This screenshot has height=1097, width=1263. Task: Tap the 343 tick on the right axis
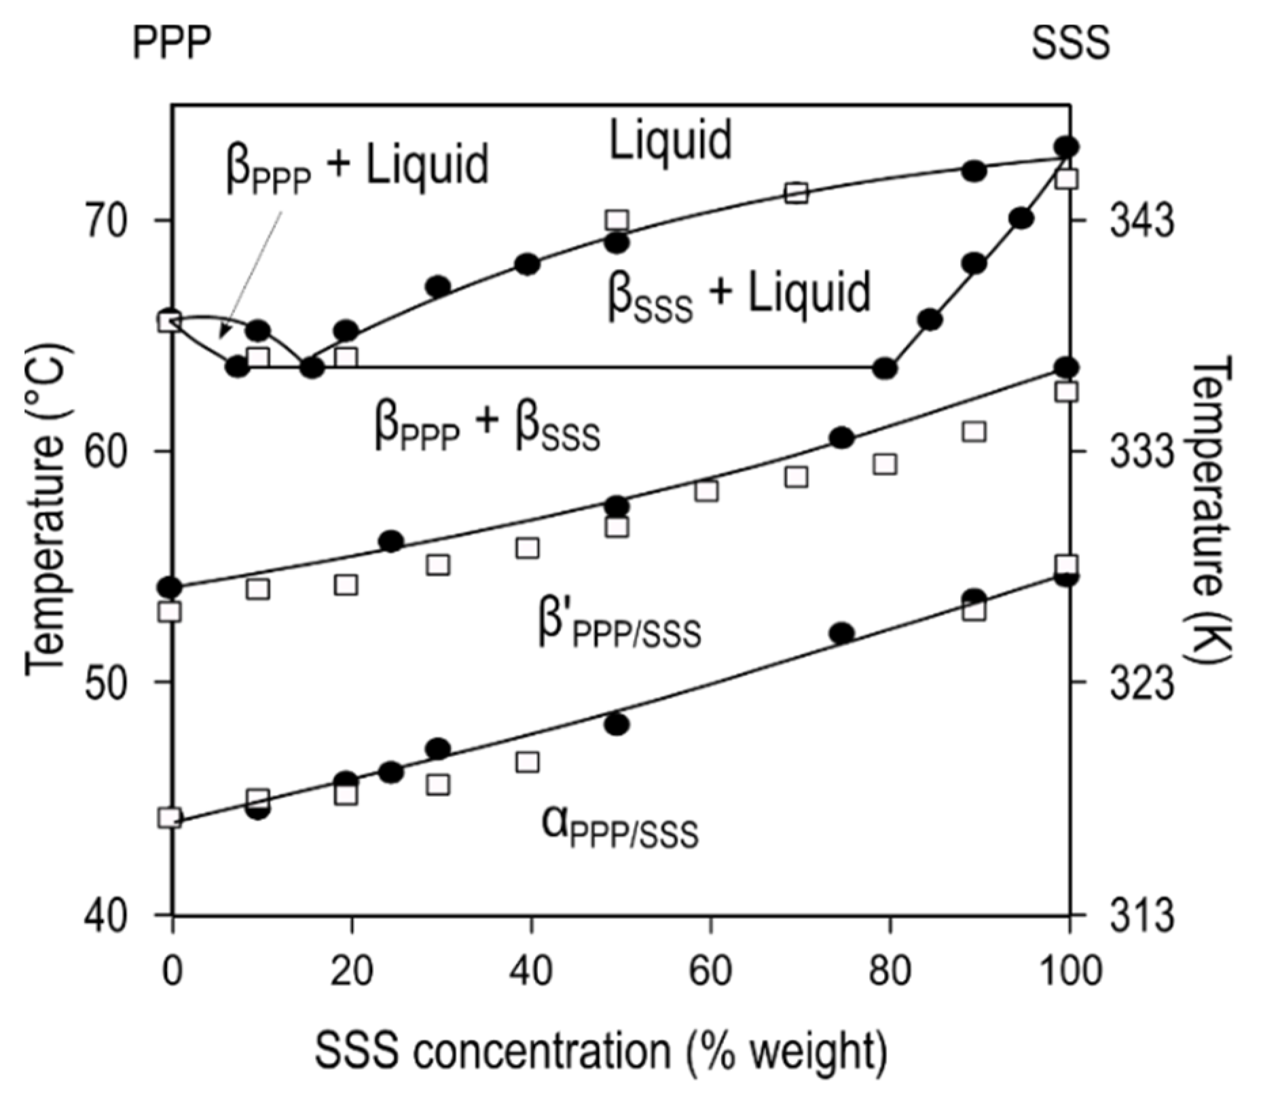click(x=1141, y=221)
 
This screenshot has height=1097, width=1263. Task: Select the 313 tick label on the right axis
click(x=1141, y=915)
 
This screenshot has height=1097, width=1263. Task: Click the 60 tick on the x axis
click(x=710, y=971)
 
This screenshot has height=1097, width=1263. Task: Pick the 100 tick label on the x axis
click(x=1069, y=971)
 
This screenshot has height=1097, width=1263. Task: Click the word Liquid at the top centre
click(x=670, y=140)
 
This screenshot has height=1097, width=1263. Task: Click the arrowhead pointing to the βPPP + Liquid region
click(x=223, y=332)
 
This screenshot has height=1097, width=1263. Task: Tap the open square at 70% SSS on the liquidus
click(x=797, y=194)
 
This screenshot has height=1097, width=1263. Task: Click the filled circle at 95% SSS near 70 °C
click(x=1021, y=219)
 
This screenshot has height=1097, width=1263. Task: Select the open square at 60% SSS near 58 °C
click(x=707, y=490)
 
